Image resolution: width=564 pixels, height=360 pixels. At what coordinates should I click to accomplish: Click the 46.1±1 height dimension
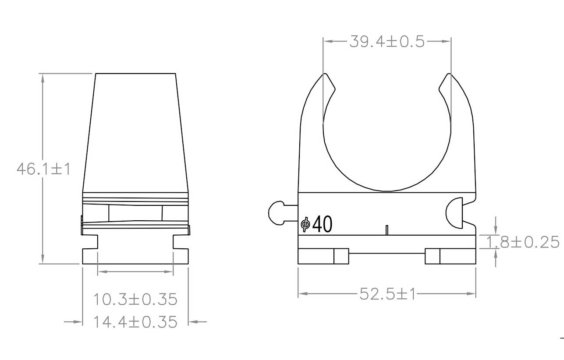[43, 169]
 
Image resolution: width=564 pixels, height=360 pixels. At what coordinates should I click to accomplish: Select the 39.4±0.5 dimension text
[387, 42]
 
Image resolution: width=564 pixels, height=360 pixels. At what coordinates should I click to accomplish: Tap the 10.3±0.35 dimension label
[135, 300]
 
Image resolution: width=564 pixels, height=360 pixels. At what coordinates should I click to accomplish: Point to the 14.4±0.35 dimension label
[135, 322]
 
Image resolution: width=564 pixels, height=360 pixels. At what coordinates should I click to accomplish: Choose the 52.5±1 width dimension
[387, 294]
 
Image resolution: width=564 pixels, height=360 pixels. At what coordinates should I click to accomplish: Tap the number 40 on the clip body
[322, 225]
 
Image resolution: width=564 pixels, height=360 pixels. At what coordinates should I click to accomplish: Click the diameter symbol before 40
[305, 225]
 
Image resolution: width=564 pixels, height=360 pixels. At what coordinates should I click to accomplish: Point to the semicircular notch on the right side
[454, 213]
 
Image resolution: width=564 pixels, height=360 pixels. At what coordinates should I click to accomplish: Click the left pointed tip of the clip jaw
[325, 75]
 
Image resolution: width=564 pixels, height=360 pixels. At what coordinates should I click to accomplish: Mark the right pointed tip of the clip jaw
[449, 75]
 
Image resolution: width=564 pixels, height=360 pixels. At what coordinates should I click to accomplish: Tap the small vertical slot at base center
[387, 230]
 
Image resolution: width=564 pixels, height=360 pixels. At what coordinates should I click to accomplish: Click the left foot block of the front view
[323, 256]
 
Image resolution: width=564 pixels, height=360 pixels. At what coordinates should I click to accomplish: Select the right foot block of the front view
[450, 256]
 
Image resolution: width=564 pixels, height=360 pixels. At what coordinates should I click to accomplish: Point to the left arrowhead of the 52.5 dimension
[302, 294]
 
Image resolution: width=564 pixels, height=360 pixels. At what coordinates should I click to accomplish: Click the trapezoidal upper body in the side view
[135, 131]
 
